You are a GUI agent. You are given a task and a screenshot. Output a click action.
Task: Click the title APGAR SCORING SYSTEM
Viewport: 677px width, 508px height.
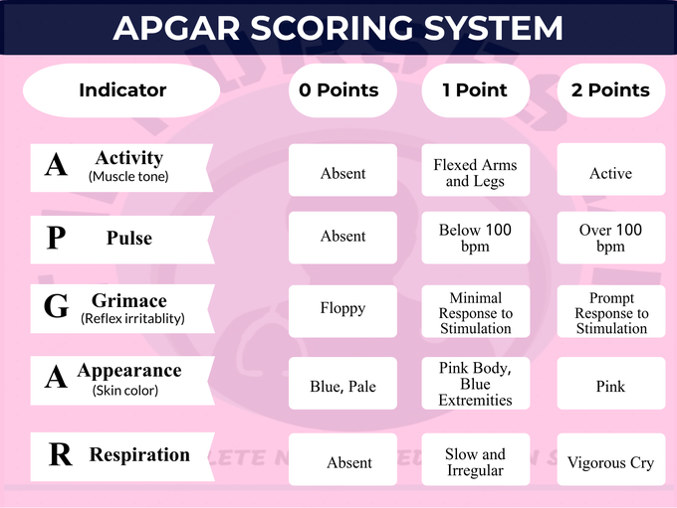pyautogui.click(x=338, y=27)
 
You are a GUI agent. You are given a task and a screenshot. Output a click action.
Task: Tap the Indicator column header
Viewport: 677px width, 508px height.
pyautogui.click(x=122, y=90)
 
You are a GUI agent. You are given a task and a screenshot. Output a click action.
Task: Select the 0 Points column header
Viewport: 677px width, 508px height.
pyautogui.click(x=338, y=90)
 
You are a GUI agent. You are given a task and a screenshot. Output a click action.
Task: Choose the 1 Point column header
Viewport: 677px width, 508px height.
pyautogui.click(x=475, y=90)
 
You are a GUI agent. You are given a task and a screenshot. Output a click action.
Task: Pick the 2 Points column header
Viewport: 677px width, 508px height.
pyautogui.click(x=610, y=90)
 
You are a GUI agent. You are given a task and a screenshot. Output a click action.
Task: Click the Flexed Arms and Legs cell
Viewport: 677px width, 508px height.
pyautogui.click(x=476, y=173)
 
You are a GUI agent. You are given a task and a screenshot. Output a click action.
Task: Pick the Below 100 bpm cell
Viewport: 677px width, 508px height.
pyautogui.click(x=476, y=238)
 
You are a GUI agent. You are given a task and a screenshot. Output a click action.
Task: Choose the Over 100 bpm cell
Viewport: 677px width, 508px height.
pyautogui.click(x=610, y=238)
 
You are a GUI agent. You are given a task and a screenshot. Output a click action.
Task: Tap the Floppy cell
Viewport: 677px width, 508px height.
pyautogui.click(x=342, y=308)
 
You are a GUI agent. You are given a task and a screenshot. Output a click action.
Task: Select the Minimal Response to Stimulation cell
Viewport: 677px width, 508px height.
pyautogui.click(x=476, y=312)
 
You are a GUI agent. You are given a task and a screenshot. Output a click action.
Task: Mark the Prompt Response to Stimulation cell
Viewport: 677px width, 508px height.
pyautogui.click(x=610, y=312)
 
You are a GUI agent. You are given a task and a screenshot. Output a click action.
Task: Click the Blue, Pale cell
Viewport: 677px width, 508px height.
pyautogui.click(x=342, y=386)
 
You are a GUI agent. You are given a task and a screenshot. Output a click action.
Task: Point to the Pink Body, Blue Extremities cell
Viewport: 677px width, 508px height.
pyautogui.click(x=476, y=384)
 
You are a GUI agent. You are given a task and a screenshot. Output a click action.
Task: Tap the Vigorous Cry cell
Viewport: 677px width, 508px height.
pyautogui.click(x=610, y=462)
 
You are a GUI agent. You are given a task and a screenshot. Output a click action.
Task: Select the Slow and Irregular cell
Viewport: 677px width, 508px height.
pyautogui.click(x=476, y=462)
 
